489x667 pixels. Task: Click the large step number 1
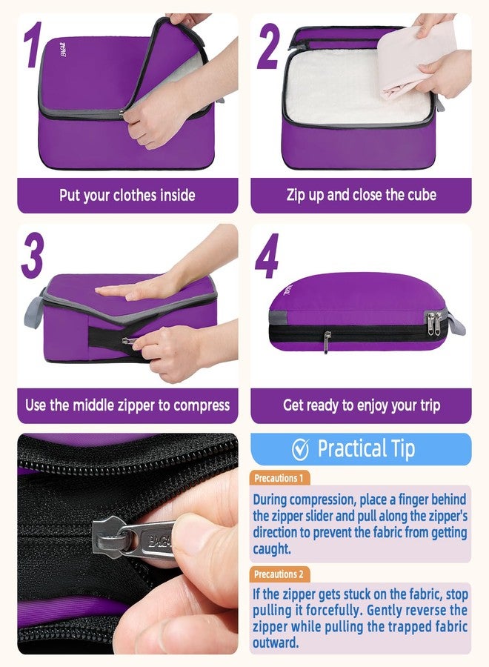(x=31, y=46)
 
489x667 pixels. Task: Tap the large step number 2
(x=267, y=47)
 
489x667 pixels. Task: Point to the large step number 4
(x=267, y=259)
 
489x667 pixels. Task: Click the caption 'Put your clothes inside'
(x=127, y=196)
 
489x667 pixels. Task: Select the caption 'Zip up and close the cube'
(x=361, y=196)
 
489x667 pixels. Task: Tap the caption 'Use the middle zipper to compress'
(x=127, y=405)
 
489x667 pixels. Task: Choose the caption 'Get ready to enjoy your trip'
(x=361, y=405)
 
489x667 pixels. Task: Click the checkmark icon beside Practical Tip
(x=300, y=449)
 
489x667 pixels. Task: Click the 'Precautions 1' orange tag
(x=279, y=478)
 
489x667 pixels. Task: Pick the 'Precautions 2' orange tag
(x=279, y=574)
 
